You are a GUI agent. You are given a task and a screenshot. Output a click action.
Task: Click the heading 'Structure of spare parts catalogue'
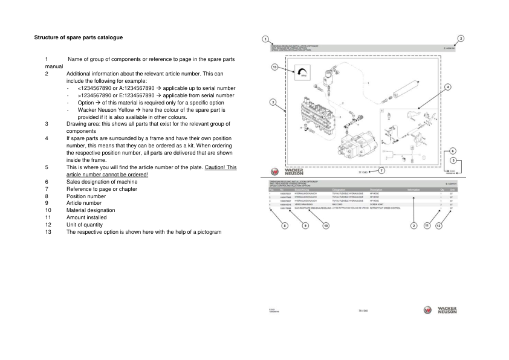pyautogui.click(x=79, y=37)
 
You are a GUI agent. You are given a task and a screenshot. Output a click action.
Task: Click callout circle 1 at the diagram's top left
pyautogui.click(x=266, y=39)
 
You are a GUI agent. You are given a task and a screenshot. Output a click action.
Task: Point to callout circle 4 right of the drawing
pyautogui.click(x=448, y=87)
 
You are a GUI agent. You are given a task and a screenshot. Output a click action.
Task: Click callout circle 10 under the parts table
pyautogui.click(x=326, y=225)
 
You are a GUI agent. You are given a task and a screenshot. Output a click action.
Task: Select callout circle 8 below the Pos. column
pyautogui.click(x=285, y=225)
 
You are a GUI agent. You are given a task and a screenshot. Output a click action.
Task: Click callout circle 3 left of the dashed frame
pyautogui.click(x=273, y=103)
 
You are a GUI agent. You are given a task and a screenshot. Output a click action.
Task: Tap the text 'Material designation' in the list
pyautogui.click(x=89, y=210)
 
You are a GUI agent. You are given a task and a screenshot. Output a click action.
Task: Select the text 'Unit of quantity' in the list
pyautogui.click(x=86, y=225)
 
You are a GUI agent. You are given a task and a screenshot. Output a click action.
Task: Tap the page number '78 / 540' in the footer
pyautogui.click(x=364, y=310)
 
